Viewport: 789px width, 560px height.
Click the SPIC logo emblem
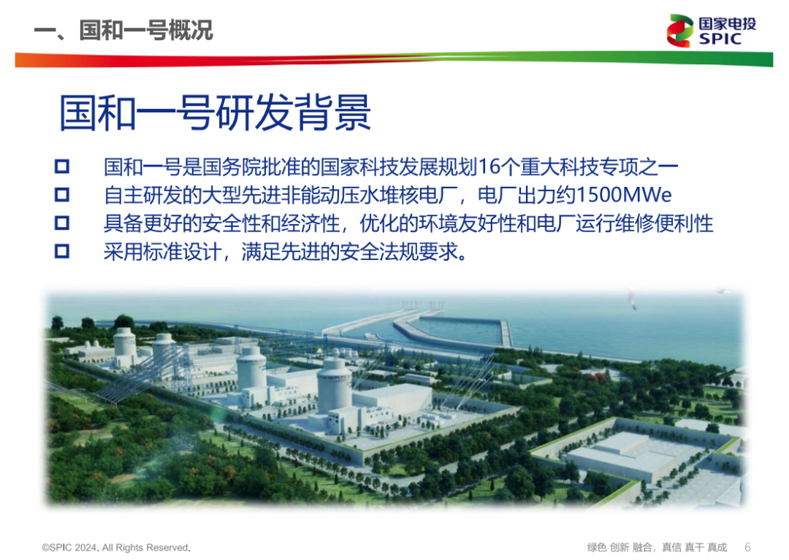[x=679, y=31]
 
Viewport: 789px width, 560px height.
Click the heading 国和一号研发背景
[x=215, y=113]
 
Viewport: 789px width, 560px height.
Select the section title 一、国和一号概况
[x=123, y=31]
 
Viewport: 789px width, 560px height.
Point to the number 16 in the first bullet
[x=487, y=167]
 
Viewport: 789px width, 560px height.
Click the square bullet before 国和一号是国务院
[x=62, y=167]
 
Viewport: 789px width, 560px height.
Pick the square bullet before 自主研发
[x=62, y=196]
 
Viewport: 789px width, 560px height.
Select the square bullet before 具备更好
[x=62, y=223]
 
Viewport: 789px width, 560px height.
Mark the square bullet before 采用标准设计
[x=62, y=252]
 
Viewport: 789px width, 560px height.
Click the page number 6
[x=747, y=547]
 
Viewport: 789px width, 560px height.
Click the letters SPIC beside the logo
[x=720, y=39]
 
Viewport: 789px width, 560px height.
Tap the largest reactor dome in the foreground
[x=335, y=380]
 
